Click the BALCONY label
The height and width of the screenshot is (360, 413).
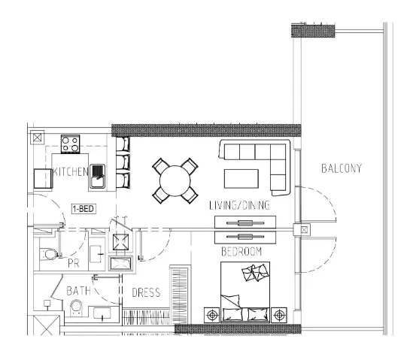click(x=342, y=168)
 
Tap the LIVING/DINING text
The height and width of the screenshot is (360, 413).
click(x=239, y=205)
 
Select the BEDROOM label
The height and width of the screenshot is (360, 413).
click(x=241, y=252)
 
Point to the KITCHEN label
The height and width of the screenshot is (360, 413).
click(x=70, y=171)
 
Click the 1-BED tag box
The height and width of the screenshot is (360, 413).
click(x=84, y=209)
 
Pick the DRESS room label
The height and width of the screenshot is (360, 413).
click(x=146, y=292)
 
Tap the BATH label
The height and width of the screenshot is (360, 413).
click(x=78, y=291)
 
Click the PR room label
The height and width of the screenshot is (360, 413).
click(x=73, y=263)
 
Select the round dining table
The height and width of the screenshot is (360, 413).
click(x=175, y=180)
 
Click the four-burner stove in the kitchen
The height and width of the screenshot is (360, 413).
click(x=70, y=144)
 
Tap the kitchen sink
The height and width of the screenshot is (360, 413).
click(x=98, y=177)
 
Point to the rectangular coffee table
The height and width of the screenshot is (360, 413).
click(x=241, y=179)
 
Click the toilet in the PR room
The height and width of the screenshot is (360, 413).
click(x=50, y=254)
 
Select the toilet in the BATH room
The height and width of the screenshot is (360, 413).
click(x=76, y=308)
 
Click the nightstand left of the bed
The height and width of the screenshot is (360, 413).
click(x=212, y=315)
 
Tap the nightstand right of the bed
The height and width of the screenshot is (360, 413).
click(x=279, y=315)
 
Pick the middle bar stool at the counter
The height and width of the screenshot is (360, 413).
click(x=123, y=162)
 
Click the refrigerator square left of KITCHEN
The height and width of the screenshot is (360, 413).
click(x=43, y=179)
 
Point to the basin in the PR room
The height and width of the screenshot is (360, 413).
click(x=96, y=254)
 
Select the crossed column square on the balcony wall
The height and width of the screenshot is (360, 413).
click(x=304, y=230)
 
